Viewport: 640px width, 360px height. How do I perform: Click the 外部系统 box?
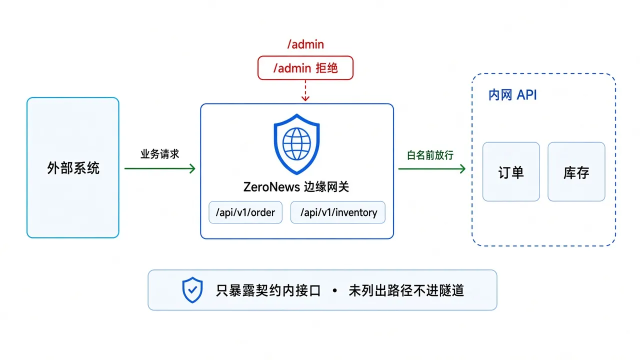click(73, 167)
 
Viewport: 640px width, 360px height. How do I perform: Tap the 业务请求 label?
click(159, 154)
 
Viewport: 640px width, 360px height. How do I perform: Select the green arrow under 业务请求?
click(160, 168)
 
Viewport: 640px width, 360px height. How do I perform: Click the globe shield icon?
click(296, 144)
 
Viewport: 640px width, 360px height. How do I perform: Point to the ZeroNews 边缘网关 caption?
click(296, 187)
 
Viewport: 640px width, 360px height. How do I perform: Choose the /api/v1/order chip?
click(245, 212)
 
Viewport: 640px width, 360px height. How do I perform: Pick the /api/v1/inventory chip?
click(338, 212)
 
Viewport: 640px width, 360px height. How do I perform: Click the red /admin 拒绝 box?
click(305, 67)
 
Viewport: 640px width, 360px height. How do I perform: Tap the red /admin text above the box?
click(305, 44)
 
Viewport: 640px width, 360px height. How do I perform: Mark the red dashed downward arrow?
click(305, 90)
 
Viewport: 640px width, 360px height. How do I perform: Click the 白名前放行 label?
click(430, 155)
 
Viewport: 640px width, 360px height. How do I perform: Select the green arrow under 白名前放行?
click(432, 168)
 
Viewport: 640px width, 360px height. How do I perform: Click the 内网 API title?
click(512, 95)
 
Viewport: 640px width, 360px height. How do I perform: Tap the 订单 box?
click(511, 171)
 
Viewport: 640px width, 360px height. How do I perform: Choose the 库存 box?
click(576, 171)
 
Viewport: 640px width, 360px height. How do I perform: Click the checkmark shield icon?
click(192, 289)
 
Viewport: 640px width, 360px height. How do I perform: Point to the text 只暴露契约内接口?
click(268, 290)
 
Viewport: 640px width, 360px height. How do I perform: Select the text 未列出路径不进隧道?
click(406, 290)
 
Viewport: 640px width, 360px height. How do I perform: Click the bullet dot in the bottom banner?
click(335, 290)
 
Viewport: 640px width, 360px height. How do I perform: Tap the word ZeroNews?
click(271, 187)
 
